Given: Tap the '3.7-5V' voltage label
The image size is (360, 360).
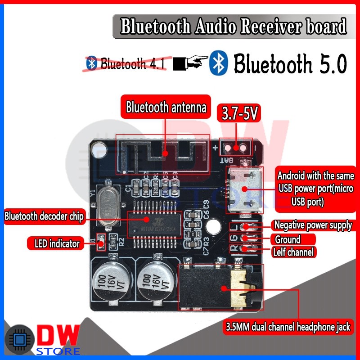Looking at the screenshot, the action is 238,114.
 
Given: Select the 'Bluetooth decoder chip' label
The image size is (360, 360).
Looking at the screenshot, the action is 44,216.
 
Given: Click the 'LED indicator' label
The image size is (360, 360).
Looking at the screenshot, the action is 57,244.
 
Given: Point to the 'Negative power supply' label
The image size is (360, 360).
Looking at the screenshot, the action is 313,225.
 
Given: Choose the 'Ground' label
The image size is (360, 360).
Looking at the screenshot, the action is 288,239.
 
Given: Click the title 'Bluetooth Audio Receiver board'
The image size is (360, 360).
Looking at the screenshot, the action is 234,27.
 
